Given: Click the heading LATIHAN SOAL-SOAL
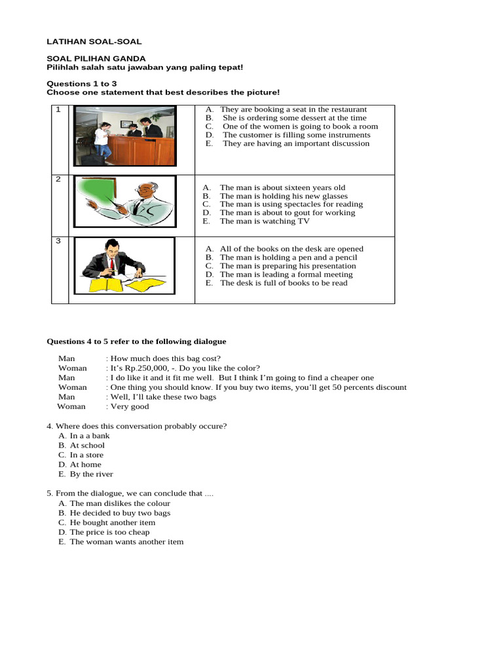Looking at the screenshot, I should tap(94, 41).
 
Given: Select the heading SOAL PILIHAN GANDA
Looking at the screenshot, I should tap(96, 58).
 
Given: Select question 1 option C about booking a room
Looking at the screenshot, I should tap(299, 126).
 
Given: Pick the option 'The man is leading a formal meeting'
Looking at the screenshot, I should tap(286, 275).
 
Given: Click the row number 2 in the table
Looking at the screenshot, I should tap(58, 180).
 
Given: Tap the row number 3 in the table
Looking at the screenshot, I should tap(58, 241).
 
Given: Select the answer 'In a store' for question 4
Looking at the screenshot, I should tap(86, 455).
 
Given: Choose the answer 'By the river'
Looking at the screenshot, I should tap(91, 474).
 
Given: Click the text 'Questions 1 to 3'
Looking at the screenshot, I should tap(82, 84).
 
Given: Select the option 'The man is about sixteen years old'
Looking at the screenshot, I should tap(282, 187).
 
